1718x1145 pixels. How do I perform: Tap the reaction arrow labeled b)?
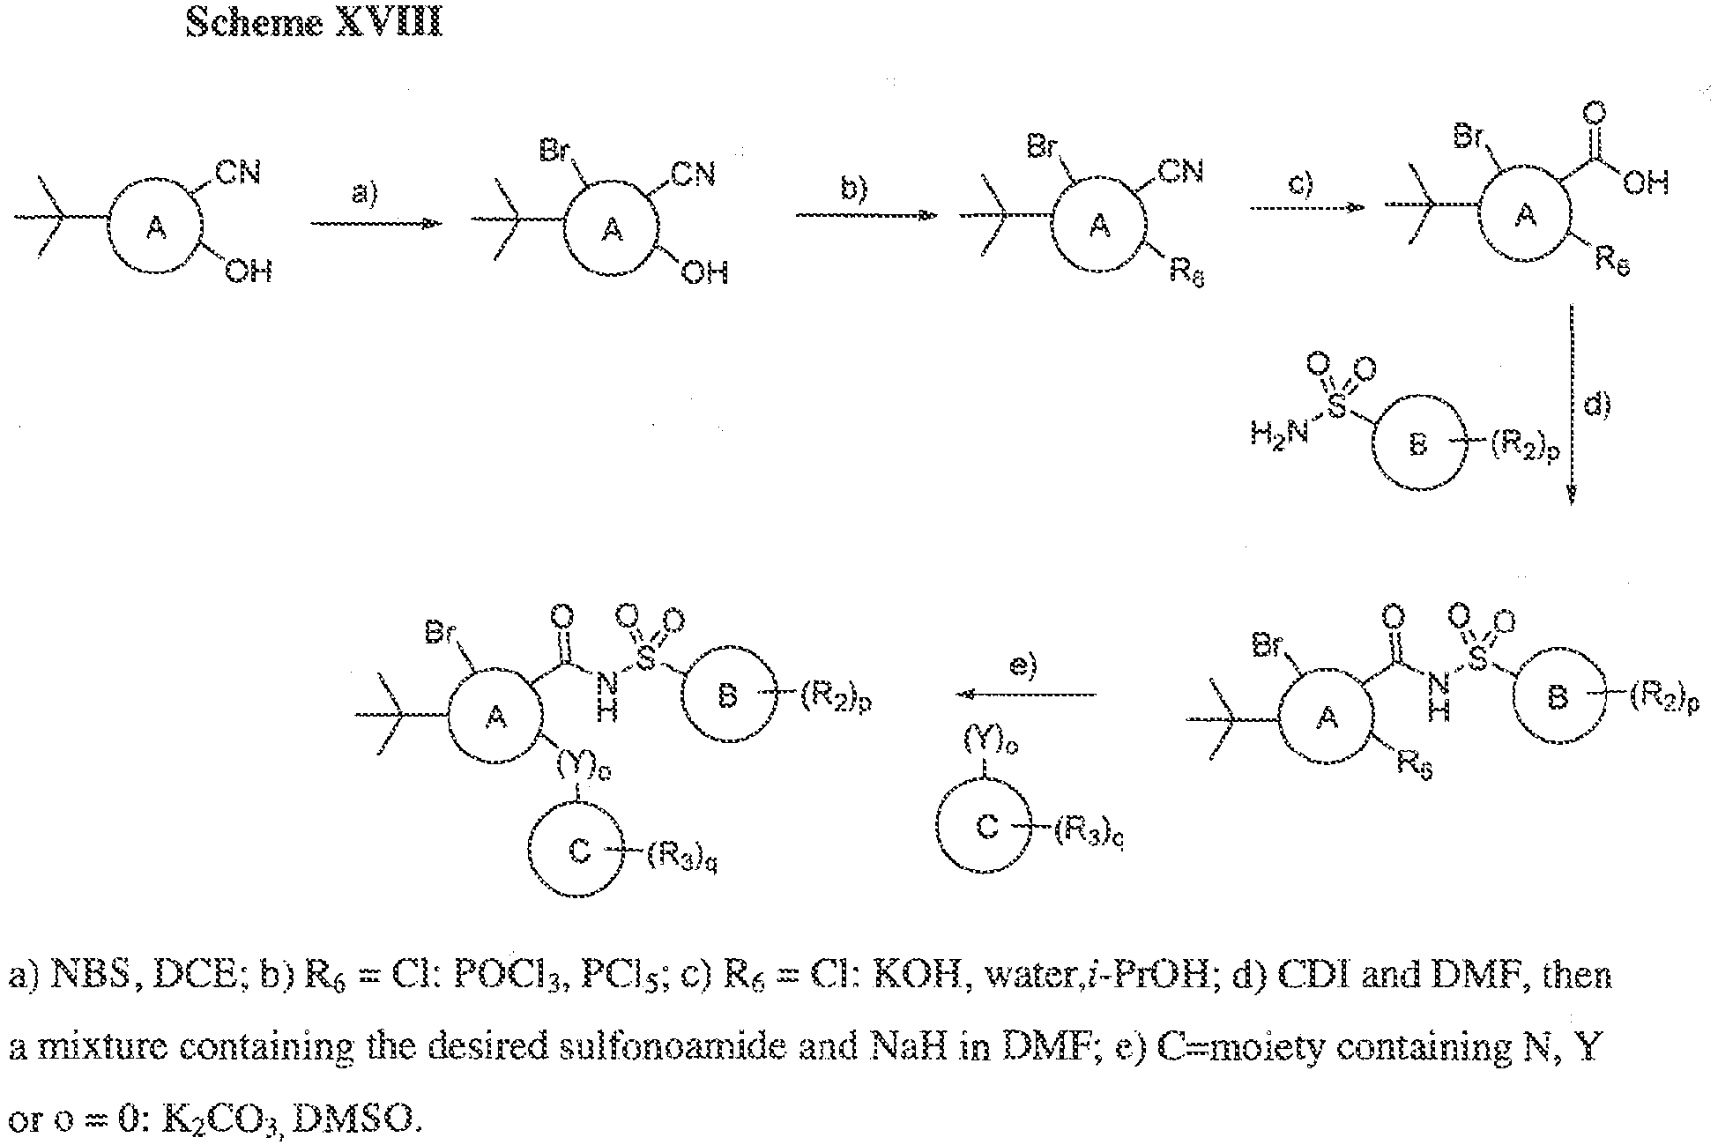pyautogui.click(x=866, y=215)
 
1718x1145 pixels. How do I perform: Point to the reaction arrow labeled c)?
pyautogui.click(x=1307, y=208)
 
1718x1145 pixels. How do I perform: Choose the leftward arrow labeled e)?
pyautogui.click(x=1026, y=695)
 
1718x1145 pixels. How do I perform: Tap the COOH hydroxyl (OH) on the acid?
pyautogui.click(x=1645, y=183)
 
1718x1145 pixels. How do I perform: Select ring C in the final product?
pyautogui.click(x=578, y=851)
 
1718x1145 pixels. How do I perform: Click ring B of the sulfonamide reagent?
pyautogui.click(x=1417, y=446)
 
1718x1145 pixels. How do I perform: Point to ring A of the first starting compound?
pyautogui.click(x=155, y=229)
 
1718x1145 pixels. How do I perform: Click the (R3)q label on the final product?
pyautogui.click(x=681, y=857)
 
